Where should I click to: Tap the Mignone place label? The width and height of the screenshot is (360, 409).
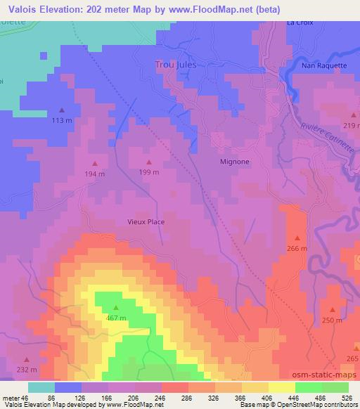(x=231, y=160)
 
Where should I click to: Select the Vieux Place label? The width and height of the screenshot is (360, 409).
(x=146, y=221)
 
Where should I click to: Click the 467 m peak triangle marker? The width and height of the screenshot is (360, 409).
(x=116, y=307)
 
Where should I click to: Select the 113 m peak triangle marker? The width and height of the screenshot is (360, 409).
(x=61, y=110)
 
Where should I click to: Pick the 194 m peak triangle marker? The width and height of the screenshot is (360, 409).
(x=95, y=164)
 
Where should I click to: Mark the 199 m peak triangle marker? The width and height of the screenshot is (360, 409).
(x=148, y=161)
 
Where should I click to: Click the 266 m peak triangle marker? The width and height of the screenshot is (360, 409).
(x=297, y=238)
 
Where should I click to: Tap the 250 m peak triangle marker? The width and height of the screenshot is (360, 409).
(x=332, y=309)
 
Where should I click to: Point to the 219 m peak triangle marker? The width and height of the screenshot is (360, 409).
(x=352, y=115)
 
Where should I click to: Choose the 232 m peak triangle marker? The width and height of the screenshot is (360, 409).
(x=27, y=359)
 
